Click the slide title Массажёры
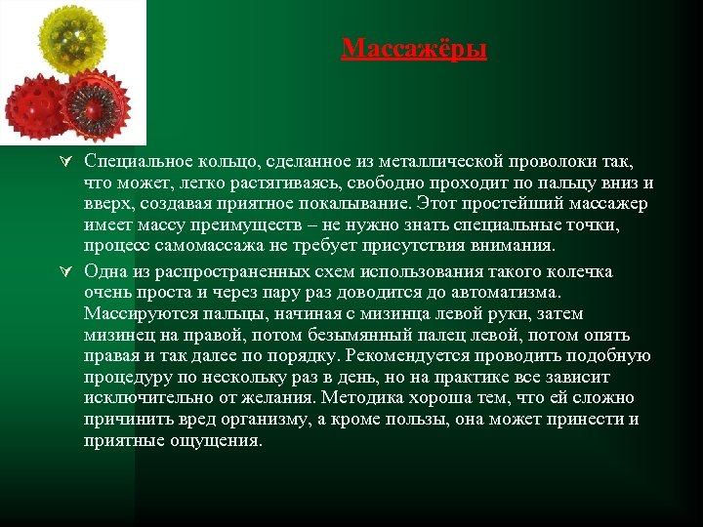pos(414,48)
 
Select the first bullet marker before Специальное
pos(69,161)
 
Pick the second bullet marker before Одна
pos(69,270)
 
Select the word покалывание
pos(351,203)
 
